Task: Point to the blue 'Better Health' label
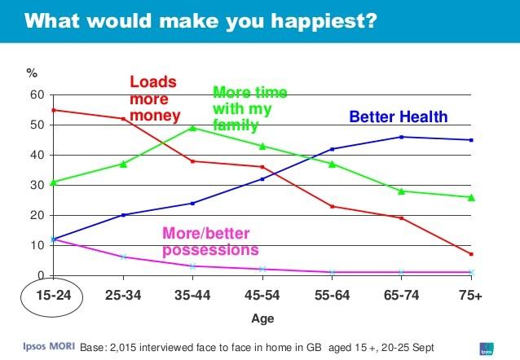tap(399, 117)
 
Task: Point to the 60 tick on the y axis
tap(37, 95)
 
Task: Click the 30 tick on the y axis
tap(37, 186)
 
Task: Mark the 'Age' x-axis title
tap(261, 318)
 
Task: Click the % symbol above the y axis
tap(33, 73)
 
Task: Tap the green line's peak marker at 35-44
tap(192, 127)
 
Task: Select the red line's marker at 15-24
tap(53, 110)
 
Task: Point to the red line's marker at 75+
tap(471, 254)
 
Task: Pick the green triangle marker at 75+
tap(471, 197)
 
